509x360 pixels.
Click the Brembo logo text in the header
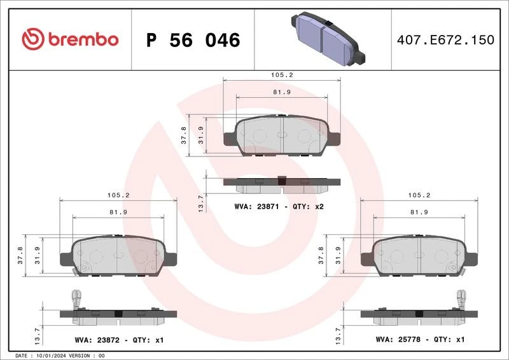81,39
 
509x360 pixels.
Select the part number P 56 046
193,40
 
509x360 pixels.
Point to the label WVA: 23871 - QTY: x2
279,207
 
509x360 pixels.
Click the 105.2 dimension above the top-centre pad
281,74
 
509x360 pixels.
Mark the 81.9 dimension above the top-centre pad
281,92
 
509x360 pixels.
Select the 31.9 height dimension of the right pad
338,256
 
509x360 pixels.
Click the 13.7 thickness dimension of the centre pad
201,202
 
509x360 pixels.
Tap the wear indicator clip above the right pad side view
463,298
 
